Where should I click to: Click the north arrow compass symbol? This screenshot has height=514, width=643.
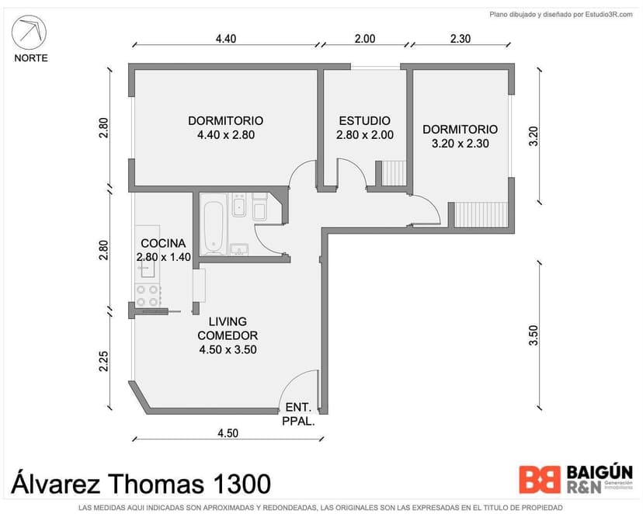coord(29,33)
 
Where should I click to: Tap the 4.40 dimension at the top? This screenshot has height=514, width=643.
coord(226,39)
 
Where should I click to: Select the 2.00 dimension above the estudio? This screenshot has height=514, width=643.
coord(365,39)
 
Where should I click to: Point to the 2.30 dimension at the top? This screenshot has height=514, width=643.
coord(461,39)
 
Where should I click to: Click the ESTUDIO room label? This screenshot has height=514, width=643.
coord(364,121)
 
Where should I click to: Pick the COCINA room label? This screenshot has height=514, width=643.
coord(163,243)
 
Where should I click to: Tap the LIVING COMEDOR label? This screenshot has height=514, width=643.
coord(228,328)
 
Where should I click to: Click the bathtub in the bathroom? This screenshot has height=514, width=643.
coord(214,224)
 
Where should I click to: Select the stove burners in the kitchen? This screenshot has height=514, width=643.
coord(148,296)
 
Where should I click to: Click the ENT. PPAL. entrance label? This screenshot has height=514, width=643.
coord(298,414)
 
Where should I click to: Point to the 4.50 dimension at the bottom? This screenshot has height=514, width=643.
coord(228,433)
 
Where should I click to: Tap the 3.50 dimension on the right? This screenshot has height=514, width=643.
coord(533,335)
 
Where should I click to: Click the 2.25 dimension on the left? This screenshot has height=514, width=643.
coord(104,361)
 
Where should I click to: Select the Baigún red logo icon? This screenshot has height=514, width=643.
coord(540,479)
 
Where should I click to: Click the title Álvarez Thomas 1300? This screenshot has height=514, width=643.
coord(141,484)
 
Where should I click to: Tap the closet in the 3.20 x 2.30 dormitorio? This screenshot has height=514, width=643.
coord(481,214)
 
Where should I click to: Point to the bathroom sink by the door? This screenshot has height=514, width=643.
coord(239,249)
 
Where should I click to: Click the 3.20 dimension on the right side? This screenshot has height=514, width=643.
coord(533,137)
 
